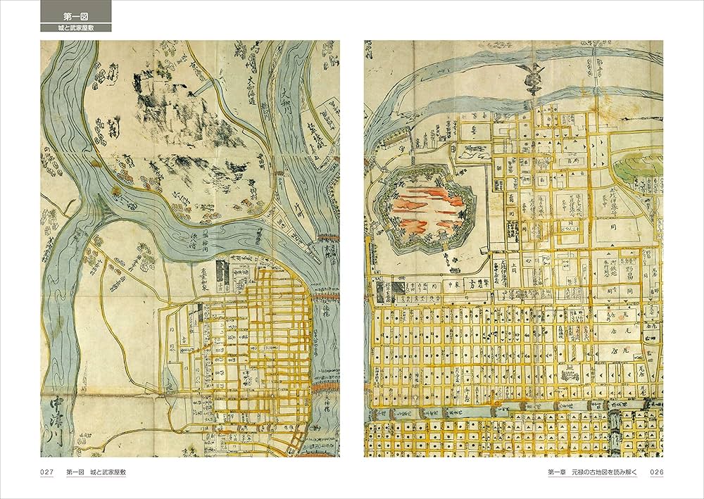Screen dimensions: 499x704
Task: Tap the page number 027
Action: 47,472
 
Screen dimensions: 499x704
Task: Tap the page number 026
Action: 655,472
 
